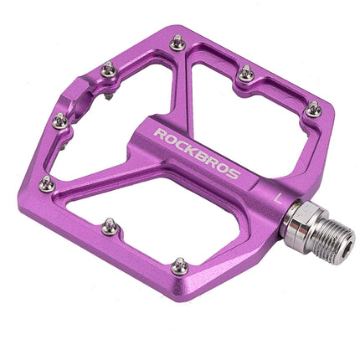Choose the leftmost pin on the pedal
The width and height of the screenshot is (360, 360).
(x=47, y=183)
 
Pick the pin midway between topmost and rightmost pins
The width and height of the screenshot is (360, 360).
(x=245, y=74)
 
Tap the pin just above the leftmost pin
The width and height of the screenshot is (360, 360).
(x=59, y=121)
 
